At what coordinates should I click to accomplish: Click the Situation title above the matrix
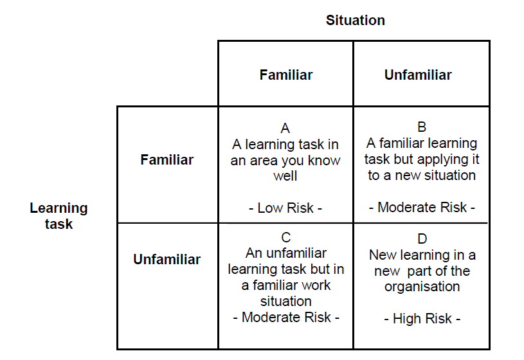[x=356, y=21]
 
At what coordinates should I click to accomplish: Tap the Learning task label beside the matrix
[x=59, y=216]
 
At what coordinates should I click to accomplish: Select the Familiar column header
[x=286, y=75]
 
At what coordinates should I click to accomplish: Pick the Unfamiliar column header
[x=418, y=75]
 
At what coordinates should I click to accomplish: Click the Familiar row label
[x=167, y=160]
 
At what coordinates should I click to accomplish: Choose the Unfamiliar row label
[x=167, y=259]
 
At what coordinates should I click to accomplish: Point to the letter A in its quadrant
[x=285, y=129]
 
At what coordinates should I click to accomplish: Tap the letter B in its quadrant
[x=422, y=127]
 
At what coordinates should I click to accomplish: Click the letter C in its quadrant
[x=286, y=238]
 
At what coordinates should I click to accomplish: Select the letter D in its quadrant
[x=422, y=239]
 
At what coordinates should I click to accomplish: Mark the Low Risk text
[x=285, y=208]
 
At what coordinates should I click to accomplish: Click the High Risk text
[x=422, y=319]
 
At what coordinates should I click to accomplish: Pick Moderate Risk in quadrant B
[x=422, y=207]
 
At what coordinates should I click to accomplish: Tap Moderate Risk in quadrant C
[x=286, y=317]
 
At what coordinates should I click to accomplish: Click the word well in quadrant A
[x=285, y=176]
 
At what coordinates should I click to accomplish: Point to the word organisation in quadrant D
[x=422, y=287]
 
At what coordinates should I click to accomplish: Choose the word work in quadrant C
[x=316, y=285]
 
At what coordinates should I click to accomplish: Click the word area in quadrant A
[x=264, y=161]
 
